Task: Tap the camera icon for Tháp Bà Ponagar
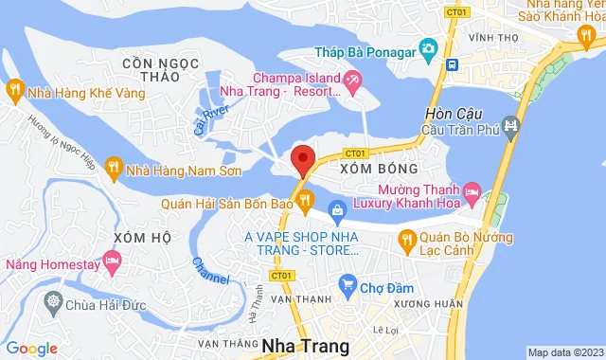427,47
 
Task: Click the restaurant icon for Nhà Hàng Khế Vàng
14,90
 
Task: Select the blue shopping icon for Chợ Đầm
348,283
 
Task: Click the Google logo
32,349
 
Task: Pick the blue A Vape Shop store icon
337,209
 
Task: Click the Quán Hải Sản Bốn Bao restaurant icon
305,199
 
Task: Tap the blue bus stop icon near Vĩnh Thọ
453,64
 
